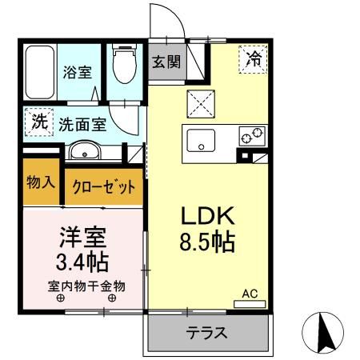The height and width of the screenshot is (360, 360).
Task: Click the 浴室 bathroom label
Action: tap(78, 71)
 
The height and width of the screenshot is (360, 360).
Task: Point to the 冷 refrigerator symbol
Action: tap(252, 58)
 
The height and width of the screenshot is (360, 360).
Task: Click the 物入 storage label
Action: tap(40, 182)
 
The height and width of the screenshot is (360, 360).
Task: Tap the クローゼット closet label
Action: tap(104, 186)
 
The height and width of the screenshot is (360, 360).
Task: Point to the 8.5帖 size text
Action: tap(206, 242)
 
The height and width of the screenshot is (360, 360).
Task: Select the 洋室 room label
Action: tap(82, 237)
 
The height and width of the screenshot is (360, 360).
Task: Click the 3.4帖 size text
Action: tap(82, 262)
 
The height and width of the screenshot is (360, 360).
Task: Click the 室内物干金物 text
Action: tap(86, 286)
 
